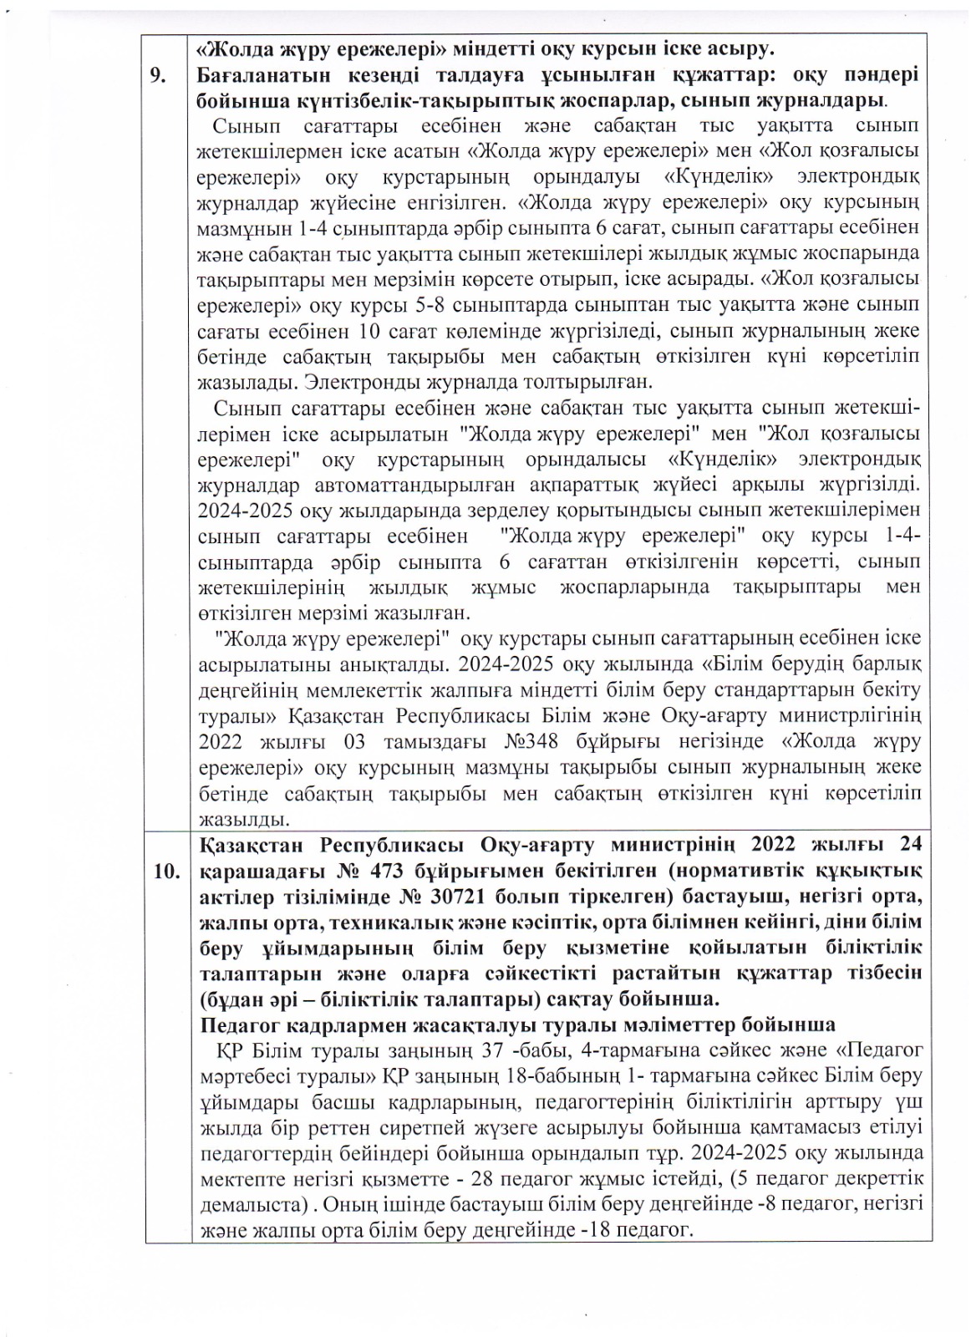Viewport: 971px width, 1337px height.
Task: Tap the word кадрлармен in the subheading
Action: click(318, 1024)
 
